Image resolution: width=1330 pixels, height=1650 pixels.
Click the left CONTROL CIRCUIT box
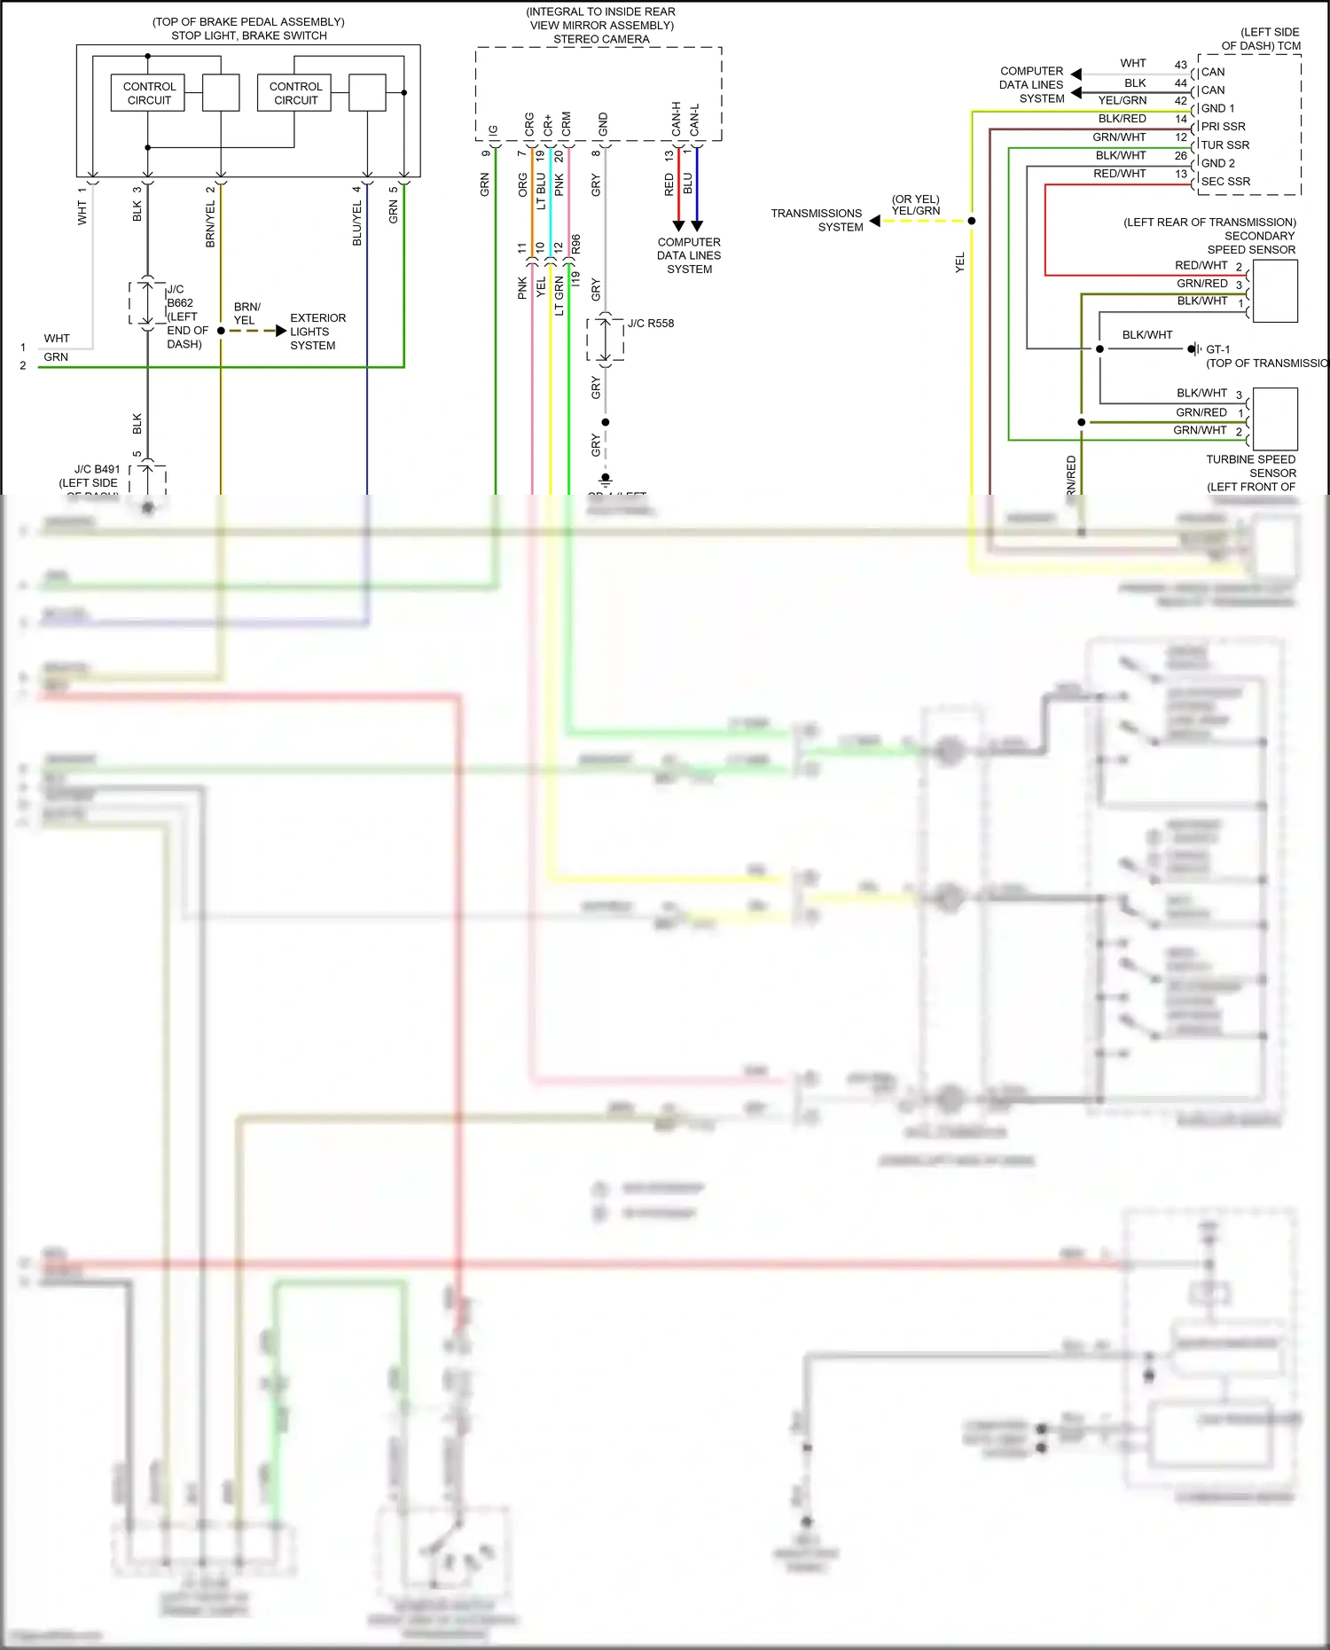(x=148, y=93)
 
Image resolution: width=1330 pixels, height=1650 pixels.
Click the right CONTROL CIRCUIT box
(x=294, y=93)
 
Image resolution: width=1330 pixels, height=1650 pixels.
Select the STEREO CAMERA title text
(x=601, y=39)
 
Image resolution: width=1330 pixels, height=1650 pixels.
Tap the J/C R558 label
(x=650, y=324)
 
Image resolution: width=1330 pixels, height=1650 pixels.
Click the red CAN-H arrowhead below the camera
(x=678, y=225)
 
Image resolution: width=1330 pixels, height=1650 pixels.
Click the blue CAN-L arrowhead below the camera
(x=697, y=225)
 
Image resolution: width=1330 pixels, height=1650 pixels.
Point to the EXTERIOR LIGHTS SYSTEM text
(x=317, y=332)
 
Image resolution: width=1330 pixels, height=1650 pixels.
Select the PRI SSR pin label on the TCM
(x=1223, y=127)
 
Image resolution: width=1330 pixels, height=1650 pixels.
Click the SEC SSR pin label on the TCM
(x=1225, y=182)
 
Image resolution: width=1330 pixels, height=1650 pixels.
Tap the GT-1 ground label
(x=1217, y=349)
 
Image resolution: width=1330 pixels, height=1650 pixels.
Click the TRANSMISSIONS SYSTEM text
(x=816, y=220)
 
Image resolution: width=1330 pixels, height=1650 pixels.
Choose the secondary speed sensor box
(x=1275, y=292)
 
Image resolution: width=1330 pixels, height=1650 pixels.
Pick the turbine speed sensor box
(x=1275, y=419)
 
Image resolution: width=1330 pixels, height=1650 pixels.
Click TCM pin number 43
(x=1180, y=65)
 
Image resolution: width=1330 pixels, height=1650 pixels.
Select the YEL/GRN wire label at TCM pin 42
(x=1122, y=101)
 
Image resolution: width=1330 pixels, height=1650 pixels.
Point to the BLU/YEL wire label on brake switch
(x=357, y=223)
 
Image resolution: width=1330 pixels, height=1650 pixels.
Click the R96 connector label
(x=576, y=244)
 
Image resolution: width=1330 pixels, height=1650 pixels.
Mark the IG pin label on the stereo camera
(x=494, y=130)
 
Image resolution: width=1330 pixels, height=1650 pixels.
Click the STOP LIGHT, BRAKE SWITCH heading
(x=249, y=35)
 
